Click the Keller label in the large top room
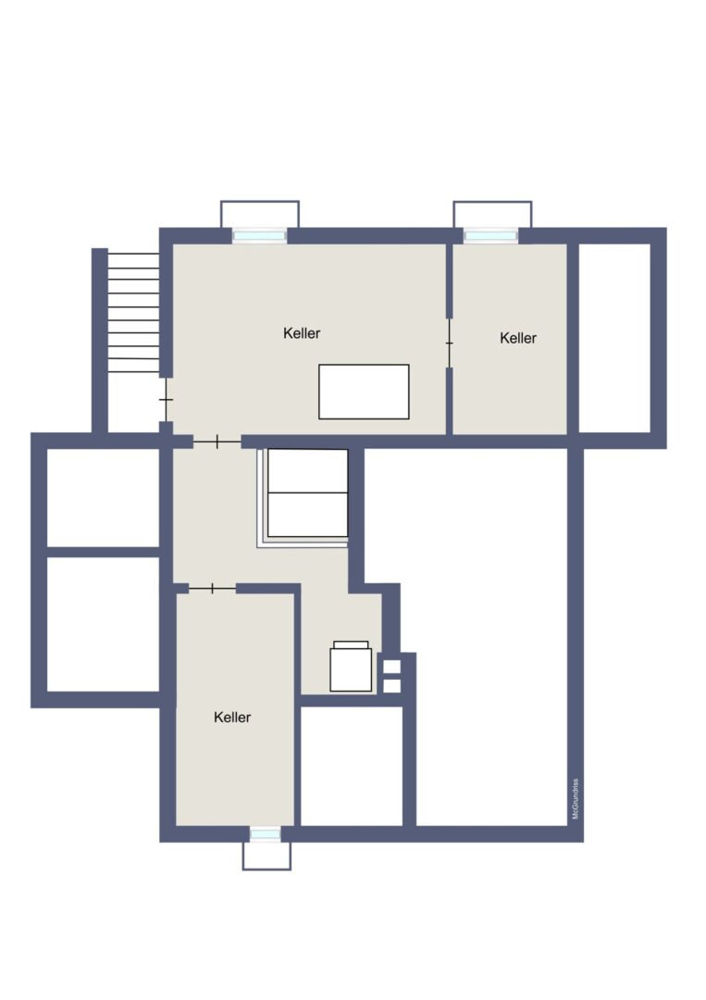pos(302,333)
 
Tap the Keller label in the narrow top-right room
pos(518,338)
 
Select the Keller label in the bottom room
pos(232,717)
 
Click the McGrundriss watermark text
pos(575,798)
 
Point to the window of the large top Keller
pos(259,236)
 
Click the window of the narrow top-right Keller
pos(490,236)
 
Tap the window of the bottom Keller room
pos(265,833)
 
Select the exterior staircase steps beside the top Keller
pos(133,313)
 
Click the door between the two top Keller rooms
pos(449,344)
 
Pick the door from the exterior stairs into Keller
pos(166,399)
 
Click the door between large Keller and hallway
pos(217,442)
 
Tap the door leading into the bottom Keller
pos(212,589)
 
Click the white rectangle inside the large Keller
pos(364,392)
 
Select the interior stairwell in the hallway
pos(303,497)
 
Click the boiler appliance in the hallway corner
pos(351,667)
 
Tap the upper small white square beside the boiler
pos(392,667)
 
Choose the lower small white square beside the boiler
pos(392,686)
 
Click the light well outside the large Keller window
pos(260,214)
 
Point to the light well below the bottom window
pos(266,856)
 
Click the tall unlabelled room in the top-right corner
pos(614,338)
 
